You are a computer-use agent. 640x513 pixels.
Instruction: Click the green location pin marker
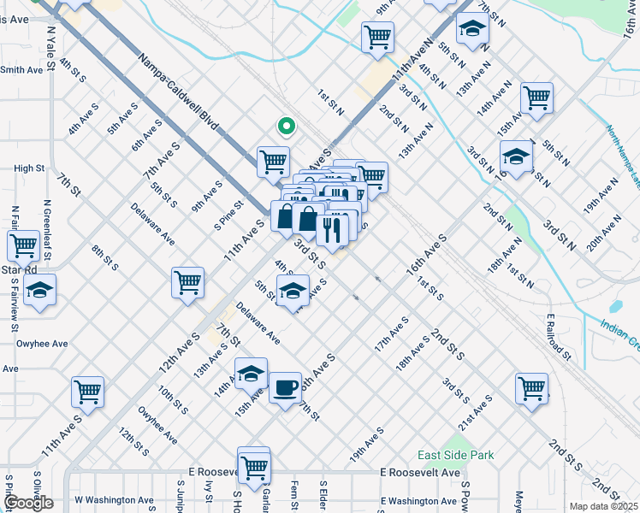click(x=287, y=127)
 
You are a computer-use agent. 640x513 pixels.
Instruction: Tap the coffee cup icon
click(x=285, y=387)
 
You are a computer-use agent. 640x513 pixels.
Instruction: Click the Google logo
click(x=27, y=503)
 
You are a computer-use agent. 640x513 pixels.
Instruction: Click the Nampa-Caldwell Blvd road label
click(x=178, y=93)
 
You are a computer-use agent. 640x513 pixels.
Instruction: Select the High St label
click(x=29, y=168)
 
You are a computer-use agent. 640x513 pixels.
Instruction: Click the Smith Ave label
click(x=22, y=70)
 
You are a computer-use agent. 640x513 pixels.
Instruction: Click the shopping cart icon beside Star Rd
click(x=23, y=245)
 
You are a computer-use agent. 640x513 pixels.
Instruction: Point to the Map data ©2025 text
click(x=603, y=506)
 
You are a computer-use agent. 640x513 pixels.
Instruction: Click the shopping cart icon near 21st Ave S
click(x=531, y=388)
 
